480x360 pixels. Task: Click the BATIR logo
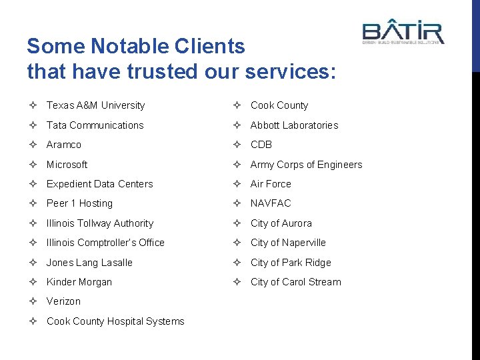tap(403, 31)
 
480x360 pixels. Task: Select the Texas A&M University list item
tap(95, 105)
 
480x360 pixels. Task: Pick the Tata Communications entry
tap(95, 125)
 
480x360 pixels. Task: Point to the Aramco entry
tap(64, 145)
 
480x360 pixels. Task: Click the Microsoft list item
tap(67, 165)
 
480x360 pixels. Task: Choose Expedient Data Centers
tap(99, 184)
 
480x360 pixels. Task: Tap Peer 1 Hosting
tap(79, 203)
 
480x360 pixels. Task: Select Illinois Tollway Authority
tap(100, 223)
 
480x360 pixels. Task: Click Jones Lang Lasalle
tap(89, 263)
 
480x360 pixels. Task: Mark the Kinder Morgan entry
tap(79, 282)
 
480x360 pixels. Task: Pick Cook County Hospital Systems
tap(115, 321)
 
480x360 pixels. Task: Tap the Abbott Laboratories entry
tap(294, 125)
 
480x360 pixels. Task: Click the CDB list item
tap(261, 145)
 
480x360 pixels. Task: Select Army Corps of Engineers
tap(306, 165)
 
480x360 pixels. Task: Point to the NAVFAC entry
tap(271, 203)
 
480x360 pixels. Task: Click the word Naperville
tap(304, 243)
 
